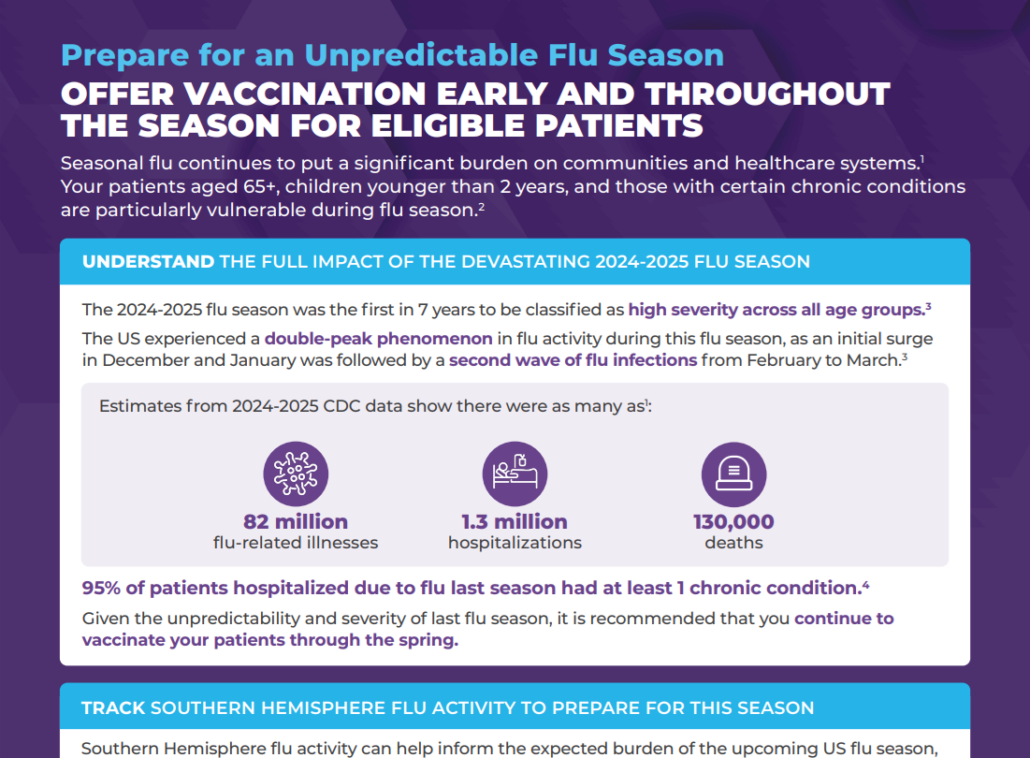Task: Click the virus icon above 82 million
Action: pyautogui.click(x=296, y=474)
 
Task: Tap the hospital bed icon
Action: pyautogui.click(x=515, y=474)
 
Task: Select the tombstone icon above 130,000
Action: pyautogui.click(x=733, y=474)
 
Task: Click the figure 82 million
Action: pyautogui.click(x=296, y=521)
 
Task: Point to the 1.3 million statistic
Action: pyautogui.click(x=515, y=521)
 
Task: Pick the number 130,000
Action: pyautogui.click(x=733, y=521)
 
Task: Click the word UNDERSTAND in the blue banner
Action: pyautogui.click(x=149, y=261)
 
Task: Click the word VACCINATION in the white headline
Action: pyautogui.click(x=306, y=94)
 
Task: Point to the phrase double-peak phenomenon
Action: pyautogui.click(x=378, y=339)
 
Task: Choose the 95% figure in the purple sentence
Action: pyautogui.click(x=101, y=588)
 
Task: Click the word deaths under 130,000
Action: pyautogui.click(x=733, y=543)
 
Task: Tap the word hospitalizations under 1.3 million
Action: pyautogui.click(x=515, y=543)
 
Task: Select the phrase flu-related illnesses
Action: pyautogui.click(x=296, y=543)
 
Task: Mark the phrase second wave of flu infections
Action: pyautogui.click(x=573, y=360)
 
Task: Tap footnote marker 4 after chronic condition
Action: pyautogui.click(x=865, y=584)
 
